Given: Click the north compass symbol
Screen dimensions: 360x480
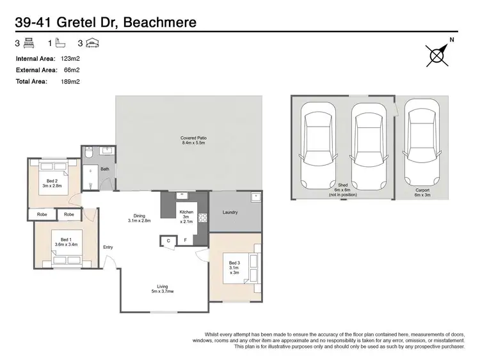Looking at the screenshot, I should [437, 56].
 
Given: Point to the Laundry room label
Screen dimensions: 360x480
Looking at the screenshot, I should [231, 212].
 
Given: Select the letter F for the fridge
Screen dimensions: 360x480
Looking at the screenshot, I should [186, 240].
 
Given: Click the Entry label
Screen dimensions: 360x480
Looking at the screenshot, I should [108, 247].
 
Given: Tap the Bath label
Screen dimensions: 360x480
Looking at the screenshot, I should [105, 169].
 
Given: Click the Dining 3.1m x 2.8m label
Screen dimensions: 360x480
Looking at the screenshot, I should [139, 219].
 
